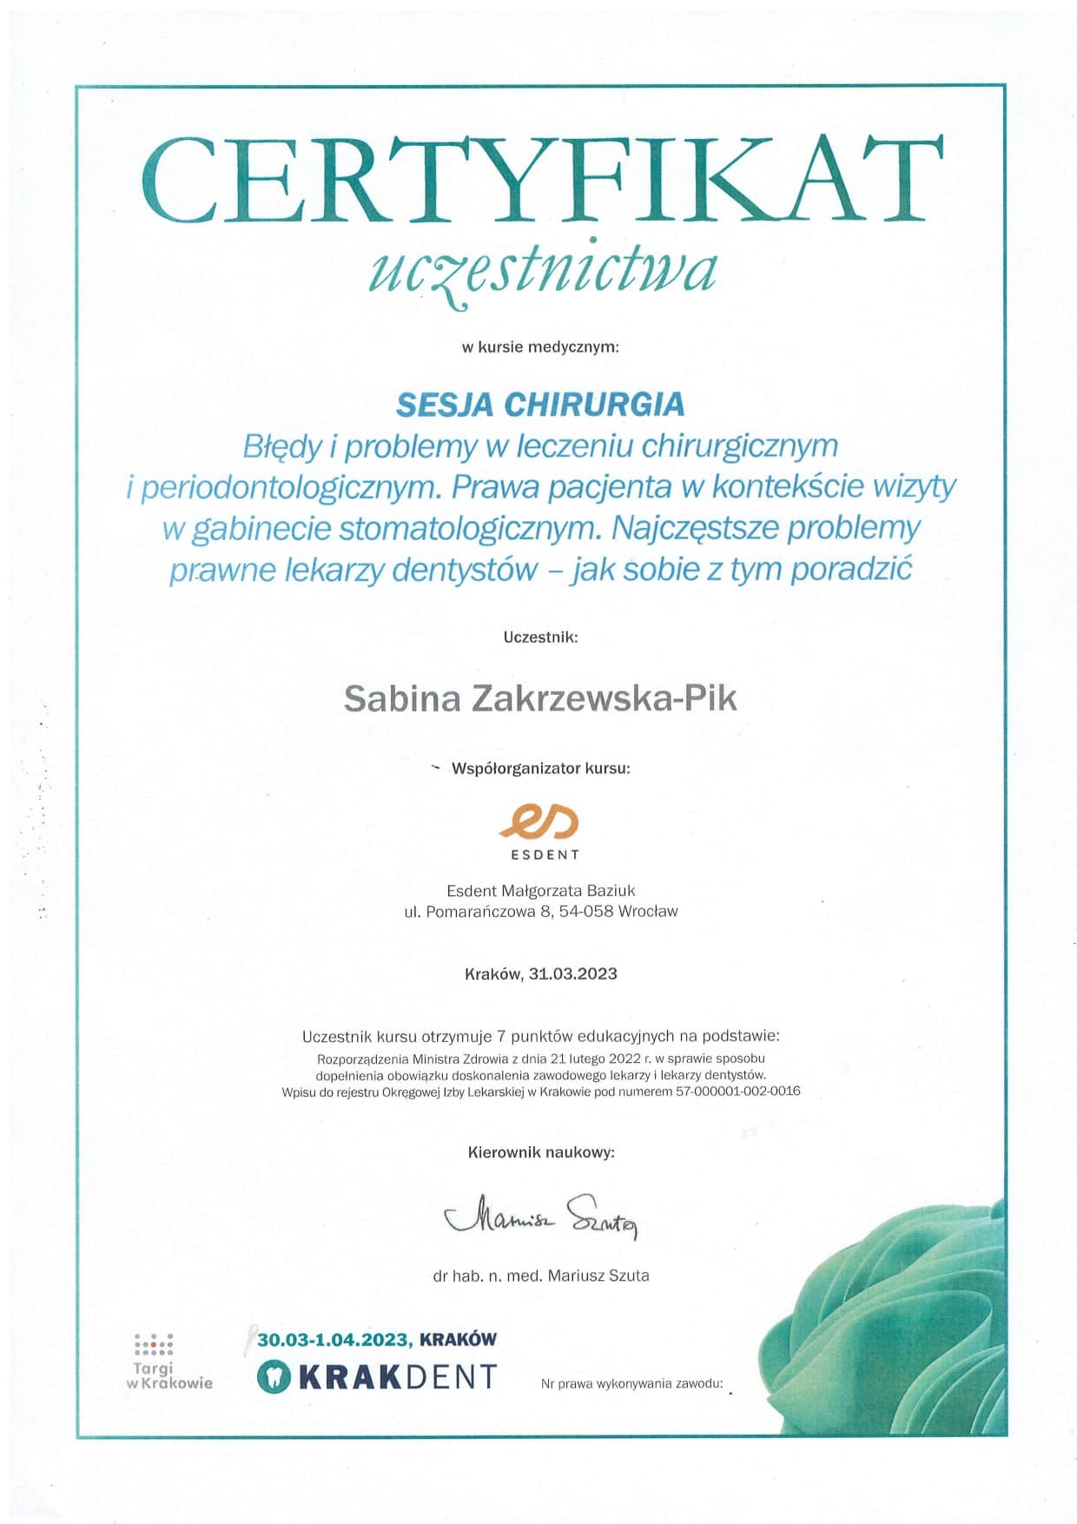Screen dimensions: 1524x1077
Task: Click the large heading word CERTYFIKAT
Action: click(541, 181)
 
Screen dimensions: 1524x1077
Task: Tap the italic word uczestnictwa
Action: click(543, 269)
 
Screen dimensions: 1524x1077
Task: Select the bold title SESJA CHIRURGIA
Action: click(540, 404)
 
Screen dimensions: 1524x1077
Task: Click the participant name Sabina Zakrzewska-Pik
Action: click(540, 698)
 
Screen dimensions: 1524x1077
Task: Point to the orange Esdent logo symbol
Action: click(539, 821)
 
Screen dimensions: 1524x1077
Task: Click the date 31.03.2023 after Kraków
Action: click(572, 973)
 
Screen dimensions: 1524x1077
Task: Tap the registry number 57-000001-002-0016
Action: click(737, 1091)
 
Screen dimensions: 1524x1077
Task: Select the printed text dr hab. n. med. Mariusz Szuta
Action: click(541, 1276)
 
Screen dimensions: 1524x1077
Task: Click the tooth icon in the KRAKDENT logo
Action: click(274, 1377)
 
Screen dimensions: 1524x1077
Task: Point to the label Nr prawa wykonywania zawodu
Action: click(631, 1383)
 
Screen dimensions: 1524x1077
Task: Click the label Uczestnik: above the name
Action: click(540, 637)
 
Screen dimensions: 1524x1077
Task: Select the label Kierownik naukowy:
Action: click(541, 1152)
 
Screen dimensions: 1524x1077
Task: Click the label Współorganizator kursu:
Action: click(540, 769)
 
